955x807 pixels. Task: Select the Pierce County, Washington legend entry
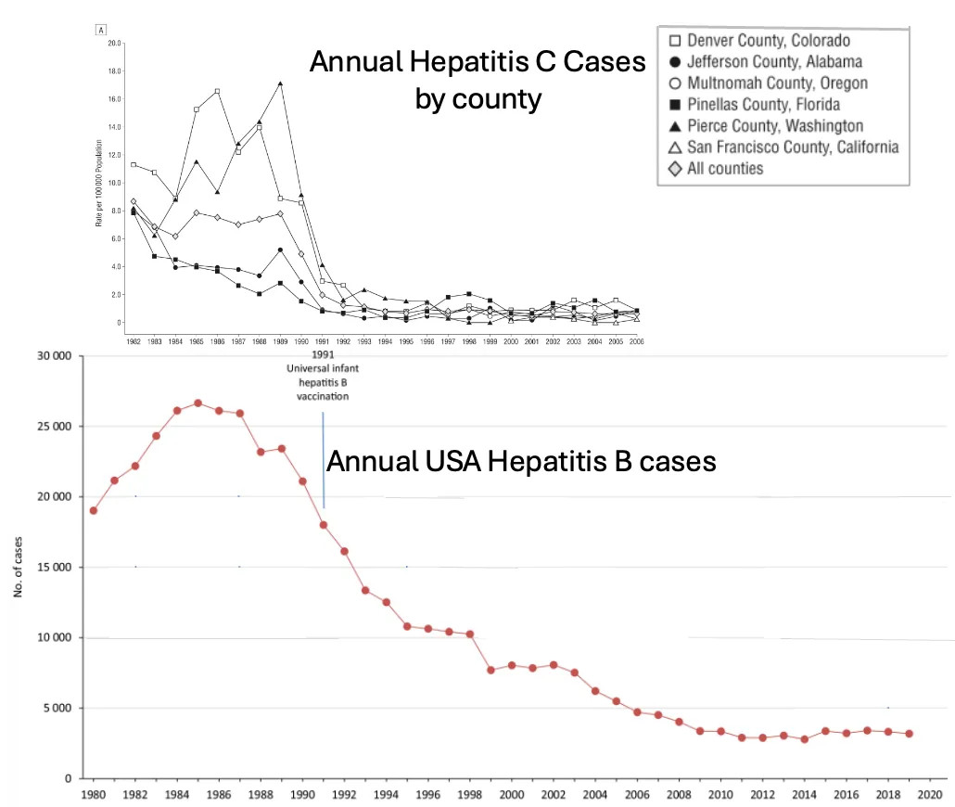coord(773,125)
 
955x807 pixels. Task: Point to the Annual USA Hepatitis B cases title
coord(522,461)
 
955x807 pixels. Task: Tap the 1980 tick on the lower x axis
coord(93,795)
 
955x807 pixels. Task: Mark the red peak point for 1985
coord(197,403)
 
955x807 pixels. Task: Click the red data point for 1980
coord(94,510)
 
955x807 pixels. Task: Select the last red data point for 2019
coord(909,734)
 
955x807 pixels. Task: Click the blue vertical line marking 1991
coord(324,460)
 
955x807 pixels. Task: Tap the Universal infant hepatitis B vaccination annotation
coord(323,380)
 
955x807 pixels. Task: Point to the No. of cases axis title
coord(19,567)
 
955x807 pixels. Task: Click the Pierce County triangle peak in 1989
coord(280,83)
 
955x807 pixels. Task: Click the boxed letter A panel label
coord(99,29)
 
